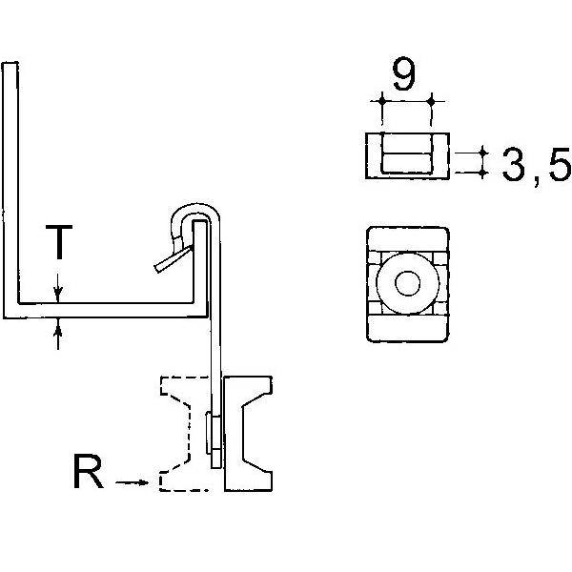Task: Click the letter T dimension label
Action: [59, 243]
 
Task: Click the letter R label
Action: [88, 473]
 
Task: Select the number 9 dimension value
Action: [404, 76]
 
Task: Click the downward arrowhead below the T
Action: [59, 294]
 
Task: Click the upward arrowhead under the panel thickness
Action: [59, 329]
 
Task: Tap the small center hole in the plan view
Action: [407, 283]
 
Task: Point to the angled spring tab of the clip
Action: [173, 260]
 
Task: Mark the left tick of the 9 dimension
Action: [380, 100]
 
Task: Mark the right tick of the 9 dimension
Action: [432, 100]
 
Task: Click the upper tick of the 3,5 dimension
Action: [482, 153]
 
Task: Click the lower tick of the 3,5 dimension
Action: [482, 172]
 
